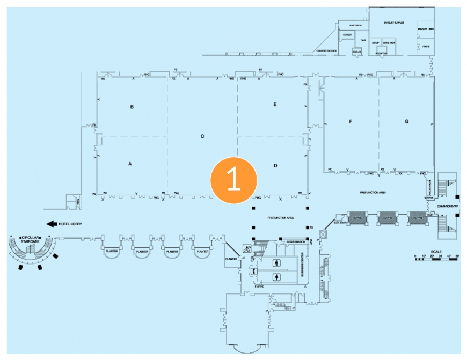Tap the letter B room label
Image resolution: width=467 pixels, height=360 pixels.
click(132, 107)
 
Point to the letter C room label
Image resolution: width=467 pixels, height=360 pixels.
click(202, 136)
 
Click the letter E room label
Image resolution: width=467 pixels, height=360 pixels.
click(275, 104)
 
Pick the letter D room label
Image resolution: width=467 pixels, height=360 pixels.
click(275, 166)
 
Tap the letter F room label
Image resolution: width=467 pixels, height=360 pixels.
click(350, 122)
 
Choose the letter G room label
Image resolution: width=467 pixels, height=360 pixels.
click(406, 122)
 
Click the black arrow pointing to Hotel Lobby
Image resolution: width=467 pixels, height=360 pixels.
click(52, 224)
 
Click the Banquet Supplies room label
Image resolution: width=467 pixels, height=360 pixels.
click(393, 23)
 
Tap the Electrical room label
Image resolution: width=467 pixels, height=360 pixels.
click(356, 25)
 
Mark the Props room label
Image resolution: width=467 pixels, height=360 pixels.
click(426, 47)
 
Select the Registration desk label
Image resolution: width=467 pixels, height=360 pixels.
click(295, 243)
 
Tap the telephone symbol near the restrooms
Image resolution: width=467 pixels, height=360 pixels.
click(251, 271)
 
